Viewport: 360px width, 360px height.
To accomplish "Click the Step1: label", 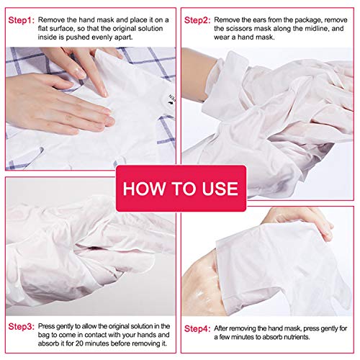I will tap(22, 17).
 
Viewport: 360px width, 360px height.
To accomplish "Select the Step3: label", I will tap(22, 325).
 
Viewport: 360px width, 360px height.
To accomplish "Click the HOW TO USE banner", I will tap(180, 189).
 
